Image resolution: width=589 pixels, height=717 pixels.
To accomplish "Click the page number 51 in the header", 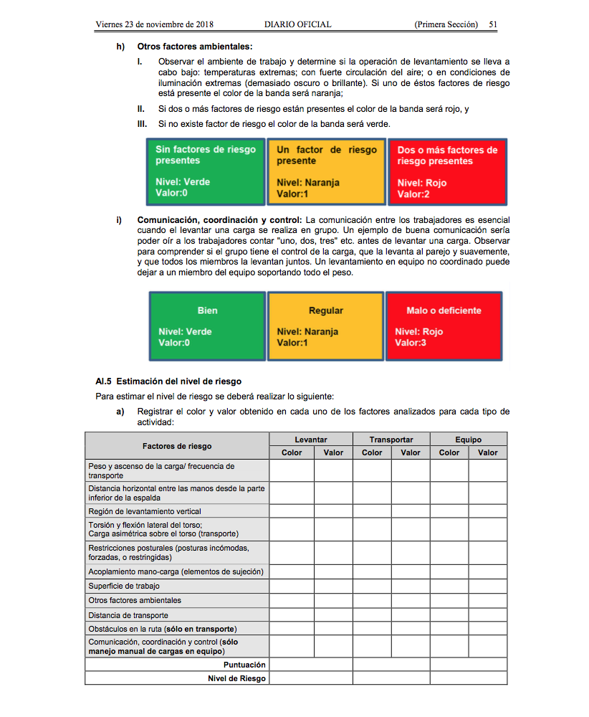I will (x=493, y=24).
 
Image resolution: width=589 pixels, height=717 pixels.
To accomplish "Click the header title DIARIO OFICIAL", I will (x=297, y=24).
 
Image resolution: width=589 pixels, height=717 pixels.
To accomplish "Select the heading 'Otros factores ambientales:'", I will (x=185, y=47).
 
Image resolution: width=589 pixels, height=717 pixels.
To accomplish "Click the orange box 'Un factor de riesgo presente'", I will (x=327, y=171).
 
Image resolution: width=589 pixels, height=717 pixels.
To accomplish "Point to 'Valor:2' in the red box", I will (x=413, y=194).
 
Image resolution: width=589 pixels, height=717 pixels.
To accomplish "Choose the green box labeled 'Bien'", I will (x=207, y=326).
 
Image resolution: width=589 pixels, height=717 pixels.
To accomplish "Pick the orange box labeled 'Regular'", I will (x=326, y=326).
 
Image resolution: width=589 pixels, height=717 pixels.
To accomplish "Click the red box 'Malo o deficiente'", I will (x=444, y=326).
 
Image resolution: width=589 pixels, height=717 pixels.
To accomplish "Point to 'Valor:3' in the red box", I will (x=411, y=343).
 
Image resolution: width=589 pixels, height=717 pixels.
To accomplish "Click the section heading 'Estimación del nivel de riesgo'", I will (x=179, y=381).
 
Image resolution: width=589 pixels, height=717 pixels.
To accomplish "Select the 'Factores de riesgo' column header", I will (x=177, y=446).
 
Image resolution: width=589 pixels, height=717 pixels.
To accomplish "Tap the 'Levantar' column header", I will (x=311, y=440).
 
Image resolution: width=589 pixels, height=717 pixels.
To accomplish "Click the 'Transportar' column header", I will (x=391, y=440).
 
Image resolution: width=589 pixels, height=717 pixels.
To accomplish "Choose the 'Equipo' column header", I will (x=468, y=440).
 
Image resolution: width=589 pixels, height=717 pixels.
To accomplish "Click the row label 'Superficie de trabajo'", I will (x=124, y=586).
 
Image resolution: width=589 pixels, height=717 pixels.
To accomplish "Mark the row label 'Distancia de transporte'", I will (x=128, y=615).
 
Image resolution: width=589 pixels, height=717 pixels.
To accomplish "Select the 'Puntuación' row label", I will (x=244, y=665).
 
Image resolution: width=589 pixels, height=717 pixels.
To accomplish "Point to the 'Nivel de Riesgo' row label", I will (x=236, y=678).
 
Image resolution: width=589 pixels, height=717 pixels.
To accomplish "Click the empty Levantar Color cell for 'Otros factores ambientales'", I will (x=292, y=600).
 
